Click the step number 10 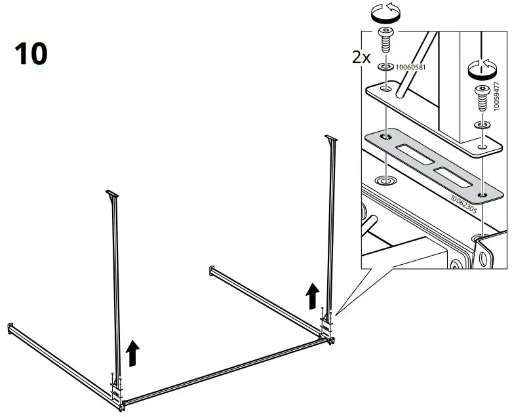(30, 54)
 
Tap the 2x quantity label (361, 58)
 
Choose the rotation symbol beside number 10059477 (482, 67)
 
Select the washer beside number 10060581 (384, 67)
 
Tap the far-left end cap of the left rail (10, 327)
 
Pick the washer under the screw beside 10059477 (482, 124)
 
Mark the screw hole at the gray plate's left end (384, 137)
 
